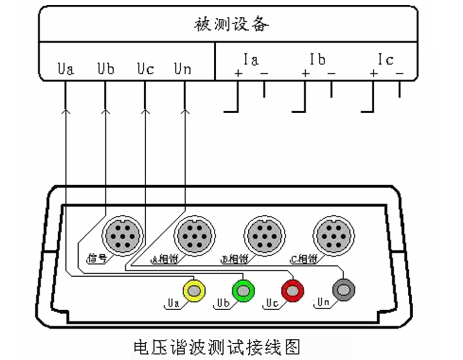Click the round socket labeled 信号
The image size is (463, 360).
point(122,234)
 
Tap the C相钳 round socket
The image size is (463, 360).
point(333,234)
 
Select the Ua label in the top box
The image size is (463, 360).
point(66,69)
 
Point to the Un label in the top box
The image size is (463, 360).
point(182,69)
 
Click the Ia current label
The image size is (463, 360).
point(251,60)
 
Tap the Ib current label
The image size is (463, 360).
point(318,60)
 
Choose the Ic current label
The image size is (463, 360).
point(386,60)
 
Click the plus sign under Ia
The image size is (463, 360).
point(238,74)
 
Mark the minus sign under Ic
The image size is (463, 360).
point(399,74)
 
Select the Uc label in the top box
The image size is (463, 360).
point(145,69)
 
